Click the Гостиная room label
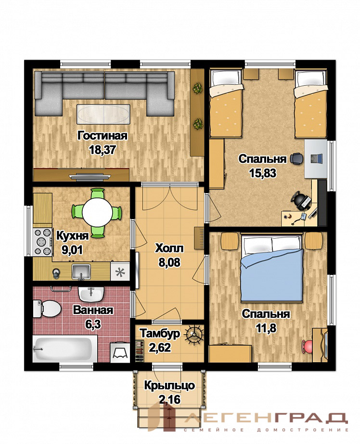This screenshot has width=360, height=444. (x=103, y=136)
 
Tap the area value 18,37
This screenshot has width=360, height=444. (x=103, y=150)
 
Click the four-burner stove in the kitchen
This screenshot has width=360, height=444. (x=43, y=242)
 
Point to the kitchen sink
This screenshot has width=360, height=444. (x=81, y=272)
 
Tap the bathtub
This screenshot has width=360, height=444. (x=65, y=349)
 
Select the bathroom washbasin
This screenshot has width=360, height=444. (x=91, y=295)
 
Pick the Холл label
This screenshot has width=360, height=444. (x=169, y=248)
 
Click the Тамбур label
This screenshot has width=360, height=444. (x=160, y=334)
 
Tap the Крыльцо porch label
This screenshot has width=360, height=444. (x=169, y=386)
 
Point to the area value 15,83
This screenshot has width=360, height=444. (x=263, y=173)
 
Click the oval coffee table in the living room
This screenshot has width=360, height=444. (x=103, y=114)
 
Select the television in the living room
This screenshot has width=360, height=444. (x=90, y=177)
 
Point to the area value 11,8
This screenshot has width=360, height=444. (x=266, y=328)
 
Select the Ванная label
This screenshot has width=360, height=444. (x=93, y=310)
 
